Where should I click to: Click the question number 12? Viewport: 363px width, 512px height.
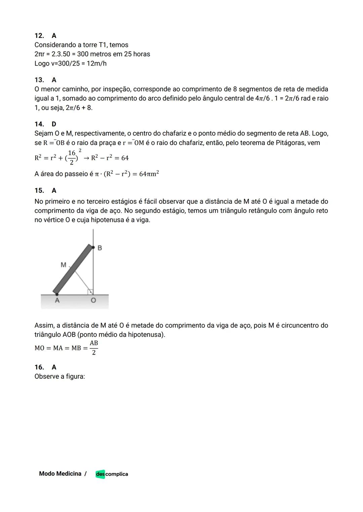[39, 36]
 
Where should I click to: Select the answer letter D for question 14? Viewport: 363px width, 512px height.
[54, 124]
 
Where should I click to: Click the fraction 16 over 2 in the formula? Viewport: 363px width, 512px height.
[72, 157]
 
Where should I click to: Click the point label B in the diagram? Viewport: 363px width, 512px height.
[100, 248]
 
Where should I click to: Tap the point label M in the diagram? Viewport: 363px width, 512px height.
[63, 265]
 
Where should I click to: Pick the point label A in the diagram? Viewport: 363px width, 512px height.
[57, 300]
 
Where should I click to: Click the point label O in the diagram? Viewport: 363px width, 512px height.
[93, 300]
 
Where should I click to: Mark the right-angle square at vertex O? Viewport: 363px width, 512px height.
[90, 292]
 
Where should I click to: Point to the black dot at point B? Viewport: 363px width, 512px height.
[93, 247]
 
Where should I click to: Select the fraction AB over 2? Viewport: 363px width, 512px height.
[94, 348]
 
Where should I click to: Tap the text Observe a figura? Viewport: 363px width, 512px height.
[59, 376]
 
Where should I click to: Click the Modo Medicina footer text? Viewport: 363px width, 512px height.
[60, 474]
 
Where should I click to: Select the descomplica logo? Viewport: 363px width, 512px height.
[112, 474]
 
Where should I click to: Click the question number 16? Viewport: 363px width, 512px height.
[39, 367]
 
